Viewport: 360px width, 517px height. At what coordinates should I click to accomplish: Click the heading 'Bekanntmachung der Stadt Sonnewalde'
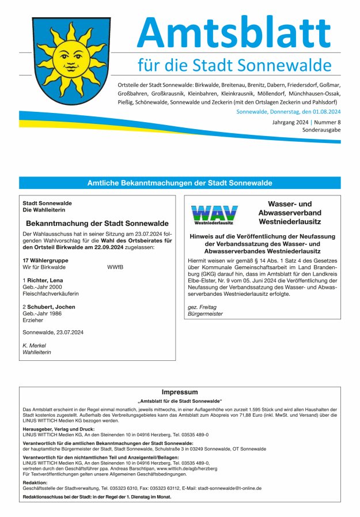tap(97, 223)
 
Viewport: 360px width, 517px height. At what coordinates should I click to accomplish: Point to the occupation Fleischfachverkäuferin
tap(51, 293)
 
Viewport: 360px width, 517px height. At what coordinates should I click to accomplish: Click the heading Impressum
tap(180, 391)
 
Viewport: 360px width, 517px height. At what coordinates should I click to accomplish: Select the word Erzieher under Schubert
tap(33, 321)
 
